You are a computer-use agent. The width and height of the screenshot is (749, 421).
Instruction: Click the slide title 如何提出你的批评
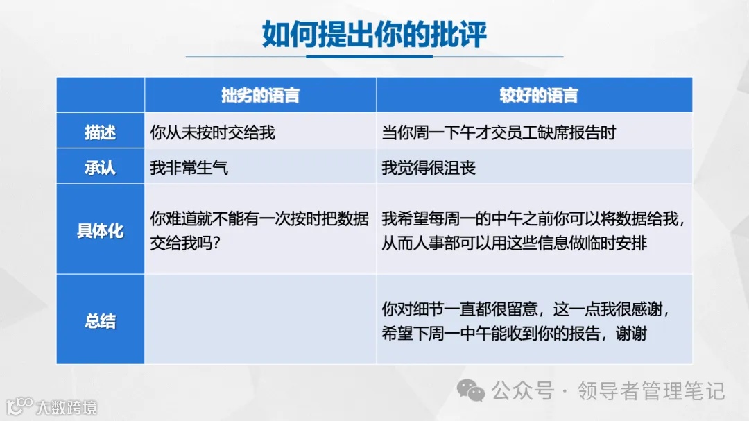coord(374,33)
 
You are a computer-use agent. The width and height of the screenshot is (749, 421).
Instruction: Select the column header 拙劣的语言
coord(260,96)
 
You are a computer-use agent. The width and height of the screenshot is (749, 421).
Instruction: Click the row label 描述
coord(100,132)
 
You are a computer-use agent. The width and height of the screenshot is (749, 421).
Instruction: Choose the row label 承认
coord(100,167)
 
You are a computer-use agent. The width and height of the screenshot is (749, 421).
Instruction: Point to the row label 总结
coord(100,321)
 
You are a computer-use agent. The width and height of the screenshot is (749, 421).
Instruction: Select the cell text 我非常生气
coord(189,168)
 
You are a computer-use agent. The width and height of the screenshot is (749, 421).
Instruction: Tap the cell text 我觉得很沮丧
coord(429,168)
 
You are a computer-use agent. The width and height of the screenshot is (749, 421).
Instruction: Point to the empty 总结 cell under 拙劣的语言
coord(260,319)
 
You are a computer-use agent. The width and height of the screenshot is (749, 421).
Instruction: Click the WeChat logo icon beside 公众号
coord(474,392)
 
